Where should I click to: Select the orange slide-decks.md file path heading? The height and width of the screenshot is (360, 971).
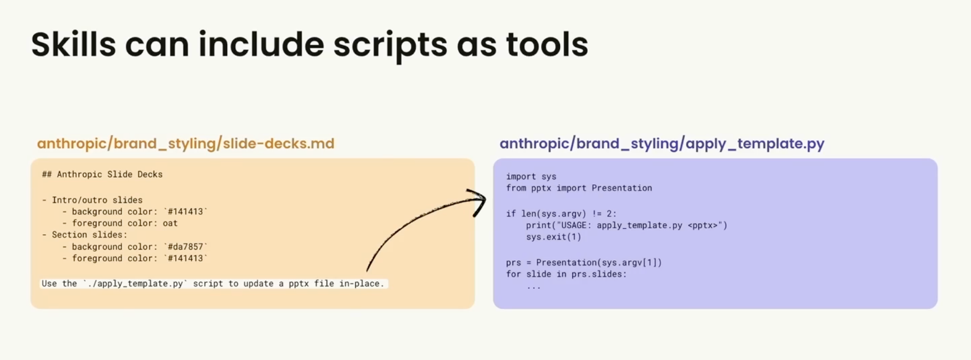(x=185, y=144)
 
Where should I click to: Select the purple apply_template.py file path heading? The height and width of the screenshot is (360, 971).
(x=662, y=144)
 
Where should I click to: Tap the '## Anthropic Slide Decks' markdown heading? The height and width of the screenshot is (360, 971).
(x=102, y=174)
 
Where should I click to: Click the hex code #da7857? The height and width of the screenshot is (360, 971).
(x=185, y=246)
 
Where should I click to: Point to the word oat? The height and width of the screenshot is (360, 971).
(x=170, y=223)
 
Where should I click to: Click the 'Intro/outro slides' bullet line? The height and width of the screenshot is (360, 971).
(x=92, y=200)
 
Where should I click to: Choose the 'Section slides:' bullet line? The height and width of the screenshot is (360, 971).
(x=85, y=235)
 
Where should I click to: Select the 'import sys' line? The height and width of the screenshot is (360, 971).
(x=531, y=176)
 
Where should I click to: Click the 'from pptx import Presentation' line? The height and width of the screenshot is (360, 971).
(x=579, y=188)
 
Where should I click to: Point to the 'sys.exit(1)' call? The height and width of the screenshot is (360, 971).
(x=554, y=237)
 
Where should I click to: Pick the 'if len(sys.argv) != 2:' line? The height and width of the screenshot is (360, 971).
(x=561, y=213)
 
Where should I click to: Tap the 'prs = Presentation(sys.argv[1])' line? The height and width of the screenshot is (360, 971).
(x=584, y=262)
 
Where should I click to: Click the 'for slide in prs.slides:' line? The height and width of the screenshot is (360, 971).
(x=566, y=274)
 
